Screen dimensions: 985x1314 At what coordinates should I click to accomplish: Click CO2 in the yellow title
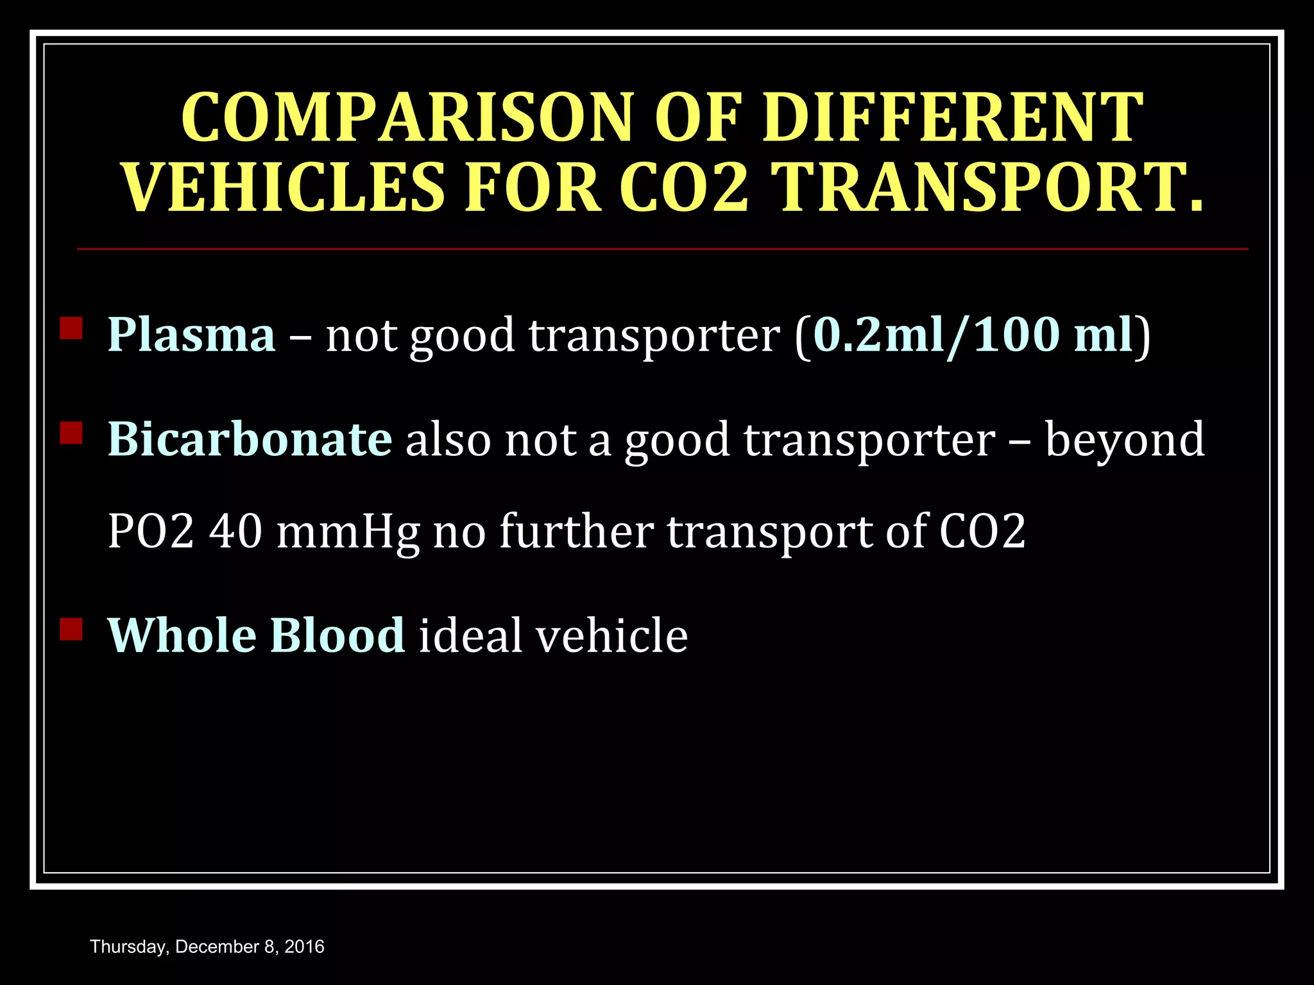[x=684, y=188]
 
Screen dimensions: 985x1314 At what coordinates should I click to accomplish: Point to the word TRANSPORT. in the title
[x=989, y=188]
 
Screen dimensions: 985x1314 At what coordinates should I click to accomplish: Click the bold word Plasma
[x=191, y=335]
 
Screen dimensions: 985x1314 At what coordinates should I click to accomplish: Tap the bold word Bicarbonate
[x=250, y=439]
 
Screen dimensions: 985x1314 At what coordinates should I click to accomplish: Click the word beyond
[x=1125, y=439]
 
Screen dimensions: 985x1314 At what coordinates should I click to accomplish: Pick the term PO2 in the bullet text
[x=150, y=531]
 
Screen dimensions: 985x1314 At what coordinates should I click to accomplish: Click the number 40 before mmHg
[x=235, y=531]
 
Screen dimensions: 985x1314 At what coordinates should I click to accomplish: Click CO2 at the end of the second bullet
[x=982, y=531]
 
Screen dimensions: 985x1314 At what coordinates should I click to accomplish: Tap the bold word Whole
[x=182, y=635]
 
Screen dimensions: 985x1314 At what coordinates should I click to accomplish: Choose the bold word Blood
[x=337, y=635]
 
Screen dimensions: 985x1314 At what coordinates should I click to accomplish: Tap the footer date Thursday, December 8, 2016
[x=207, y=947]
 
